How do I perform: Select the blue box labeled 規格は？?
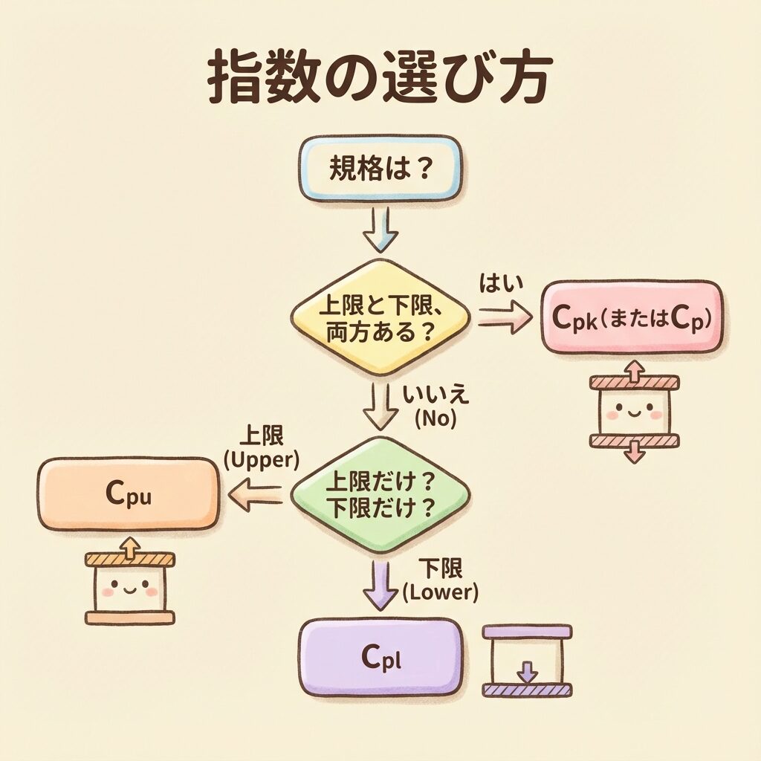[380, 168]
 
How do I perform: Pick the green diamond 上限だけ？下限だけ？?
[380, 493]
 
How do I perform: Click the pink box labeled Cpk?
[632, 317]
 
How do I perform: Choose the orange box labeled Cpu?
[129, 494]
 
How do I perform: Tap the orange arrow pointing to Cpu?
[255, 494]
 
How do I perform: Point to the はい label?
[503, 282]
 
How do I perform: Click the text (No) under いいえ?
[435, 419]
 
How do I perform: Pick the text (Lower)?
[440, 592]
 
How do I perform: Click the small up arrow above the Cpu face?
[130, 548]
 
